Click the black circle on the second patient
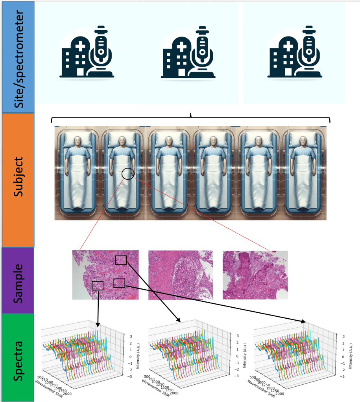[x=128, y=173]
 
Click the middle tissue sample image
[x=180, y=275]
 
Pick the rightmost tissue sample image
[x=255, y=275]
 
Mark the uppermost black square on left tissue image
[x=121, y=260]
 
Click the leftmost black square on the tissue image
[x=97, y=285]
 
